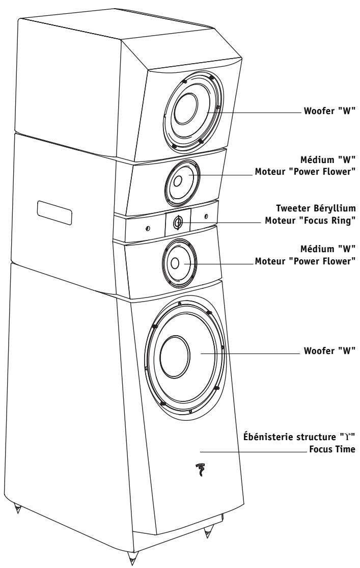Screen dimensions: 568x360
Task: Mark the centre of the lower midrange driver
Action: coord(175,263)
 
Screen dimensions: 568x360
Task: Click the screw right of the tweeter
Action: coord(206,217)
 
